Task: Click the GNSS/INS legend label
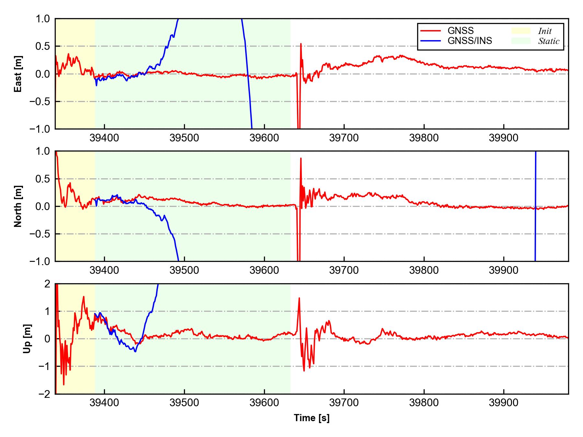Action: tap(470, 41)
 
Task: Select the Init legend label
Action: tap(545, 31)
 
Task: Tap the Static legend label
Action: tap(549, 41)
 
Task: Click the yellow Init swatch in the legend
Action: tap(521, 31)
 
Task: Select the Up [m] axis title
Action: tap(28, 339)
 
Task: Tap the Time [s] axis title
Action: tap(312, 418)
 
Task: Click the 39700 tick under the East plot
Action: tap(344, 138)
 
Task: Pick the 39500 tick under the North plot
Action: tap(184, 270)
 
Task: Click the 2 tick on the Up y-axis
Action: tap(47, 284)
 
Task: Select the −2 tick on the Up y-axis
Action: tap(44, 394)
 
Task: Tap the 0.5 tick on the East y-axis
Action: tap(42, 46)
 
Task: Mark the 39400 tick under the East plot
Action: tap(104, 138)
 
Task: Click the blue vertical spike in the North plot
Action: tap(535, 207)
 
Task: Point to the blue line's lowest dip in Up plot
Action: tap(135, 351)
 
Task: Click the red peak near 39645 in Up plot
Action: tap(299, 298)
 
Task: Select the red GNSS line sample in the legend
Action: tap(430, 31)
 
